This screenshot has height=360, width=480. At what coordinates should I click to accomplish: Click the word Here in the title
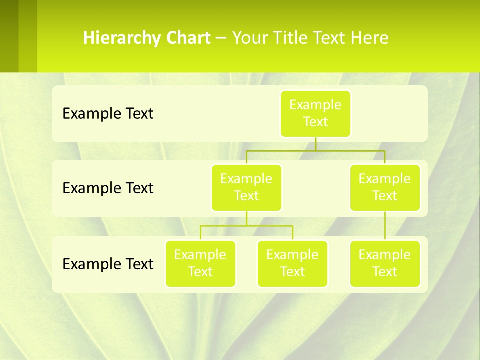tap(369, 38)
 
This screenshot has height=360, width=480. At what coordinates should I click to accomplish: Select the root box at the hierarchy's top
tap(315, 113)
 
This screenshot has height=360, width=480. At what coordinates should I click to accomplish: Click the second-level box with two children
tap(246, 187)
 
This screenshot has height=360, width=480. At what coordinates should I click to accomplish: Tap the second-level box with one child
tap(385, 187)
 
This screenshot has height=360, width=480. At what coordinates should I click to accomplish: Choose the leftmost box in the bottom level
tap(200, 263)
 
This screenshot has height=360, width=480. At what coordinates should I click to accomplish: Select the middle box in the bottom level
tap(292, 263)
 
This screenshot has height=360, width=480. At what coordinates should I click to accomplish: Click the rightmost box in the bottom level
tap(385, 263)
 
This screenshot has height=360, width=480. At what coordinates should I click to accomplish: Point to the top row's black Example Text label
tap(108, 114)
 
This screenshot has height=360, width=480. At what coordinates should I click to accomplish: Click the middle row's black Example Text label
tap(108, 188)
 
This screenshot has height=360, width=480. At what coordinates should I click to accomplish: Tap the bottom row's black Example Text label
tap(108, 264)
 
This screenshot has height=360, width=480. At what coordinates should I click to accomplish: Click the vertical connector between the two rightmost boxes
tap(385, 225)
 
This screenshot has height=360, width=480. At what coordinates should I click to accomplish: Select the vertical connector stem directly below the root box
tap(315, 144)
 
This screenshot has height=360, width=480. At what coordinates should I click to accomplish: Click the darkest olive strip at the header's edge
tap(9, 36)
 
